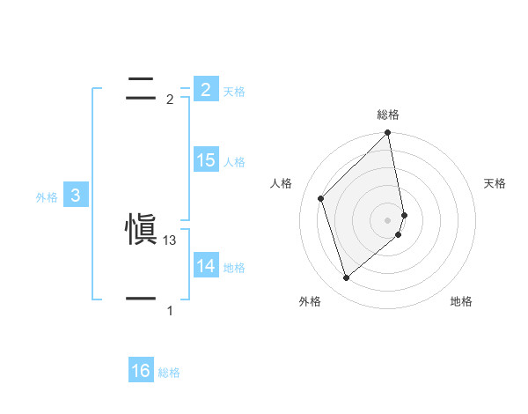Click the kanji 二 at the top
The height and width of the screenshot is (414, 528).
click(x=142, y=86)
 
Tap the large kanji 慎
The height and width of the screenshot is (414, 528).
click(x=142, y=230)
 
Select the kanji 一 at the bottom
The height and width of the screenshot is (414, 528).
click(x=142, y=299)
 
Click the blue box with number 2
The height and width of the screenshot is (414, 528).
click(x=205, y=89)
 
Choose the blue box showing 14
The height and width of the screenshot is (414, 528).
click(x=206, y=265)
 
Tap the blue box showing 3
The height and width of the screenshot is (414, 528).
click(x=76, y=196)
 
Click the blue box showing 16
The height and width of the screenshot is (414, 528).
click(x=141, y=371)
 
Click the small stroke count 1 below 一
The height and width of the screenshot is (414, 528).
click(x=170, y=311)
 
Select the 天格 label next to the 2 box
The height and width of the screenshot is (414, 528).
click(x=234, y=92)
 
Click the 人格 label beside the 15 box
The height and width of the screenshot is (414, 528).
click(x=234, y=162)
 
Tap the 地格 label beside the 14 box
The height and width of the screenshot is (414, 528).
click(x=234, y=268)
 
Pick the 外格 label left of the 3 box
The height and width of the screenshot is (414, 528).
click(x=47, y=198)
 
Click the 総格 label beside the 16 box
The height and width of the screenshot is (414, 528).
click(x=169, y=373)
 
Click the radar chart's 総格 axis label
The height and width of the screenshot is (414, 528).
click(x=388, y=115)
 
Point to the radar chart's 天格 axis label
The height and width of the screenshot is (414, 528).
click(x=495, y=183)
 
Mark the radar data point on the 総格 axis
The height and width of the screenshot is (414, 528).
click(x=388, y=134)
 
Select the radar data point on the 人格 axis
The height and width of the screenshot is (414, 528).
click(x=321, y=198)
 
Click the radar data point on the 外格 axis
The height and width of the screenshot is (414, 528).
click(x=346, y=278)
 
